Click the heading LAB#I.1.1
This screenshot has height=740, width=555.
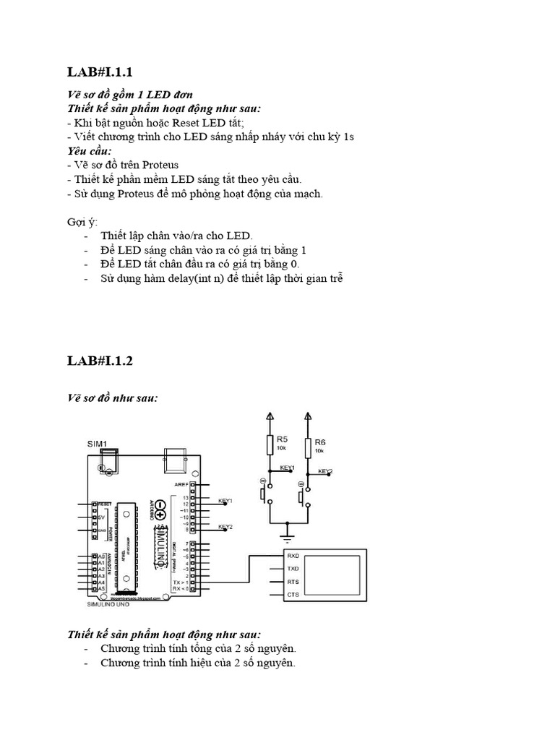tap(100, 72)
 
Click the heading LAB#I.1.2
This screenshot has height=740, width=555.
tap(100, 361)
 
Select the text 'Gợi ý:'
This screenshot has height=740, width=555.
tap(82, 221)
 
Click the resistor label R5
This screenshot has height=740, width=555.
tap(283, 439)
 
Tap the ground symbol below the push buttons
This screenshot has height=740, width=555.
tap(288, 538)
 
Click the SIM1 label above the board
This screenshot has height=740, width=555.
tap(98, 443)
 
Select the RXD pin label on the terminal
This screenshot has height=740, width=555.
tap(293, 556)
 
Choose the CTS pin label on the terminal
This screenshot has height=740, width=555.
tap(293, 595)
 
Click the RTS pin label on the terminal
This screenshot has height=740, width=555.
tap(293, 582)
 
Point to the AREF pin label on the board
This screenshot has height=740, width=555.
tap(181, 485)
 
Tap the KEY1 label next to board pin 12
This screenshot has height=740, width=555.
tap(225, 499)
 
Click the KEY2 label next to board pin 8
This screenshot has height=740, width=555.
tap(225, 528)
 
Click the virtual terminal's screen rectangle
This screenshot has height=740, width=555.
tap(333, 575)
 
